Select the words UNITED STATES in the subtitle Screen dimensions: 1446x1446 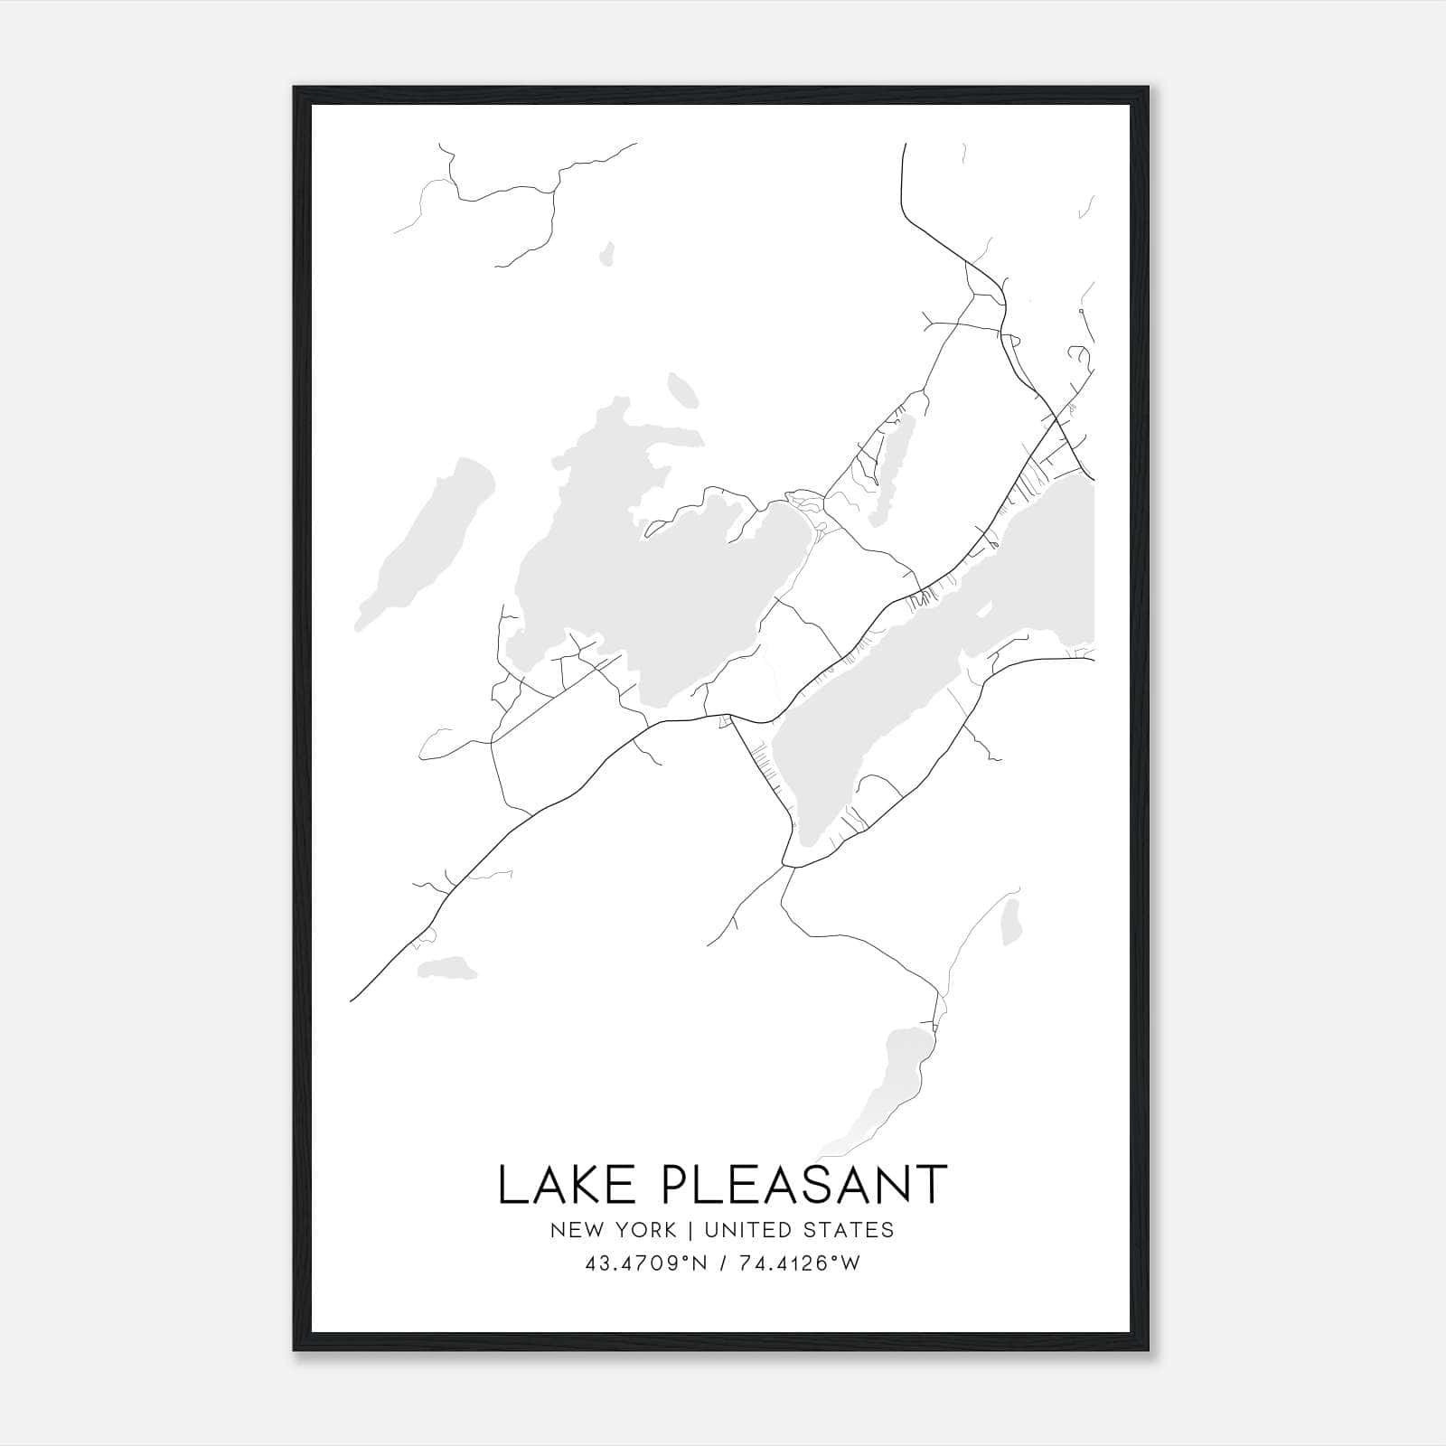[x=799, y=1229]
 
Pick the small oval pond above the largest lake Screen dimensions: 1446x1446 [x=681, y=391]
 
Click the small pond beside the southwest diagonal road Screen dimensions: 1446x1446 [x=447, y=969]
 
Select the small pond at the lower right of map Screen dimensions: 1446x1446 [x=1011, y=920]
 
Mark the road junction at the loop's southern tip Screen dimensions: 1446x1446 [x=788, y=866]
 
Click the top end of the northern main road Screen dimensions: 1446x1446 [x=905, y=145]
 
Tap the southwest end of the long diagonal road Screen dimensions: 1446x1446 [x=352, y=1000]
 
